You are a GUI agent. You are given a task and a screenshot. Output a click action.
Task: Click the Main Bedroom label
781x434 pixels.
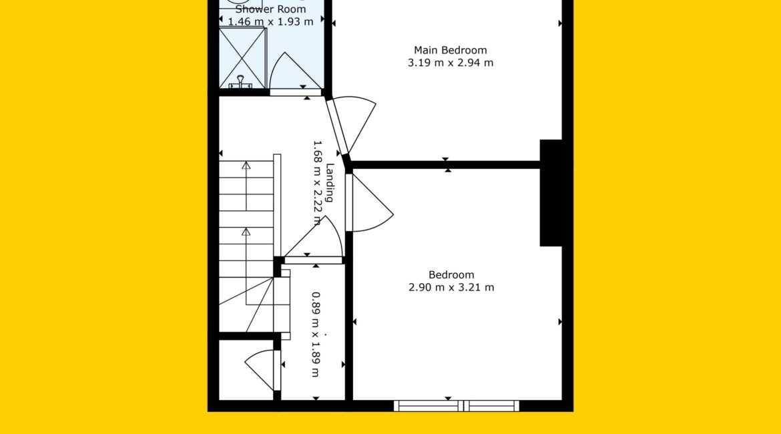pos(451,50)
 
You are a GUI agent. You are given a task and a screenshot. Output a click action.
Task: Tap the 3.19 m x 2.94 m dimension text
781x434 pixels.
pos(451,63)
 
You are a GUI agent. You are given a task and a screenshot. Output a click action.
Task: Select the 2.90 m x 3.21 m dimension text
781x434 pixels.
pos(451,288)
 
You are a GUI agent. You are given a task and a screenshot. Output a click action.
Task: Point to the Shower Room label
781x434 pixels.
pos(270,9)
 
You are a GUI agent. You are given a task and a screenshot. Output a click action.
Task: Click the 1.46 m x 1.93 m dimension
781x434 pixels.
pos(270,22)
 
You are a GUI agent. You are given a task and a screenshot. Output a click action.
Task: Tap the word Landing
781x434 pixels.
pos(329,182)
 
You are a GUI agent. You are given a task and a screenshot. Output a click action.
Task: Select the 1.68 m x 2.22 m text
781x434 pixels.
pos(317,183)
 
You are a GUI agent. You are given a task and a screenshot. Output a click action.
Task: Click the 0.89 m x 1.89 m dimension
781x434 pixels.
pos(316,335)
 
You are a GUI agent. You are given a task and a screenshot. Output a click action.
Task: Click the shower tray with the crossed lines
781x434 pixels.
pos(242,58)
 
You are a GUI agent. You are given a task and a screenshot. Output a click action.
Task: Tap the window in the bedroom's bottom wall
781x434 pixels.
pos(456,405)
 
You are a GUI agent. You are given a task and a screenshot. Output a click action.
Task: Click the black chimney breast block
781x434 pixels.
pos(551,193)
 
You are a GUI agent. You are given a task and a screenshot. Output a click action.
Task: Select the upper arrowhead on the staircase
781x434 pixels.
pos(246,166)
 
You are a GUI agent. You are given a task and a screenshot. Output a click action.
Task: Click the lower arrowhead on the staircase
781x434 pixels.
pos(246,232)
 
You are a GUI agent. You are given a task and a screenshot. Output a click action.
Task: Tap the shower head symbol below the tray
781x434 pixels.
pos(240,82)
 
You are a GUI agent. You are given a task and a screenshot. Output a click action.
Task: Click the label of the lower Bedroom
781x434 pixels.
pos(451,275)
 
